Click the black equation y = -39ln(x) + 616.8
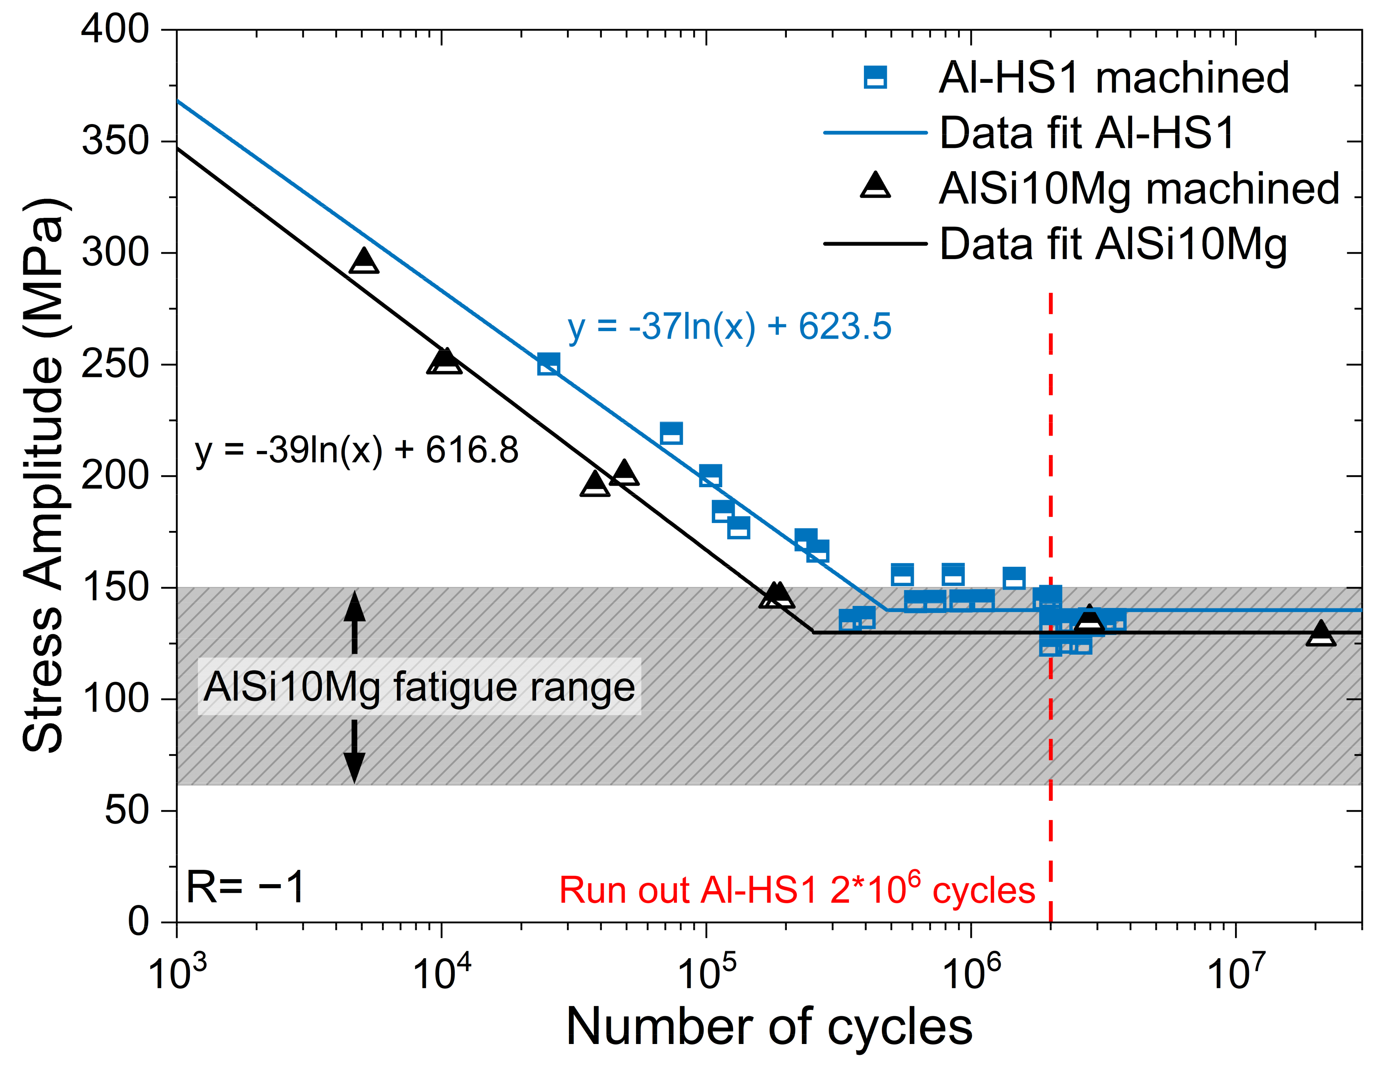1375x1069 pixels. [x=356, y=450]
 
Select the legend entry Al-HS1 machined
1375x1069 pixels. [x=1113, y=78]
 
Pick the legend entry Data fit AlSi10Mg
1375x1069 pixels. [x=1113, y=244]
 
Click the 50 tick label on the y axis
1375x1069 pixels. [x=126, y=810]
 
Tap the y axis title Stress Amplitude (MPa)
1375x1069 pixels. [x=44, y=475]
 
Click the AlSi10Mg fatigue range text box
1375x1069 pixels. [x=419, y=686]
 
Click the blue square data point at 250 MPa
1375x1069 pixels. [x=548, y=364]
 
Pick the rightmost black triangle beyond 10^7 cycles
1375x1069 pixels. [x=1321, y=634]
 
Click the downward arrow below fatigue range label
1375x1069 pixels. [x=354, y=753]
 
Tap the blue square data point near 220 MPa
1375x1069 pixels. [x=671, y=433]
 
